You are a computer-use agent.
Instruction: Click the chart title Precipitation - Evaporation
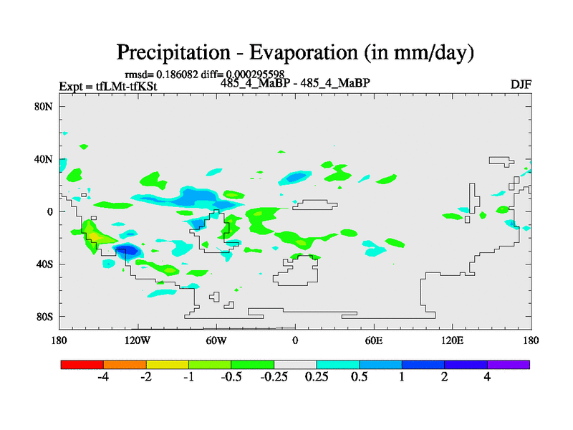click(296, 52)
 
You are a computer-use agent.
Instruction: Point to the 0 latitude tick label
click(51, 211)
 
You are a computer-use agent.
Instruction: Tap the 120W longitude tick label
click(138, 340)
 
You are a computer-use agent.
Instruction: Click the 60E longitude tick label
click(373, 340)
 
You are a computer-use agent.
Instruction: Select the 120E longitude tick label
click(452, 340)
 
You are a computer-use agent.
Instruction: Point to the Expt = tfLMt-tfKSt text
click(107, 87)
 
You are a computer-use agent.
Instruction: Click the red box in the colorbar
click(82, 364)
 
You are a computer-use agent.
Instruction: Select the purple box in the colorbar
click(509, 364)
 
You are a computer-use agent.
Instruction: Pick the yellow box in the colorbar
click(168, 364)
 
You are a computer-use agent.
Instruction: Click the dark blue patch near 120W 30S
click(127, 250)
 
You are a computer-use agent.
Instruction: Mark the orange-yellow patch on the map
click(93, 233)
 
